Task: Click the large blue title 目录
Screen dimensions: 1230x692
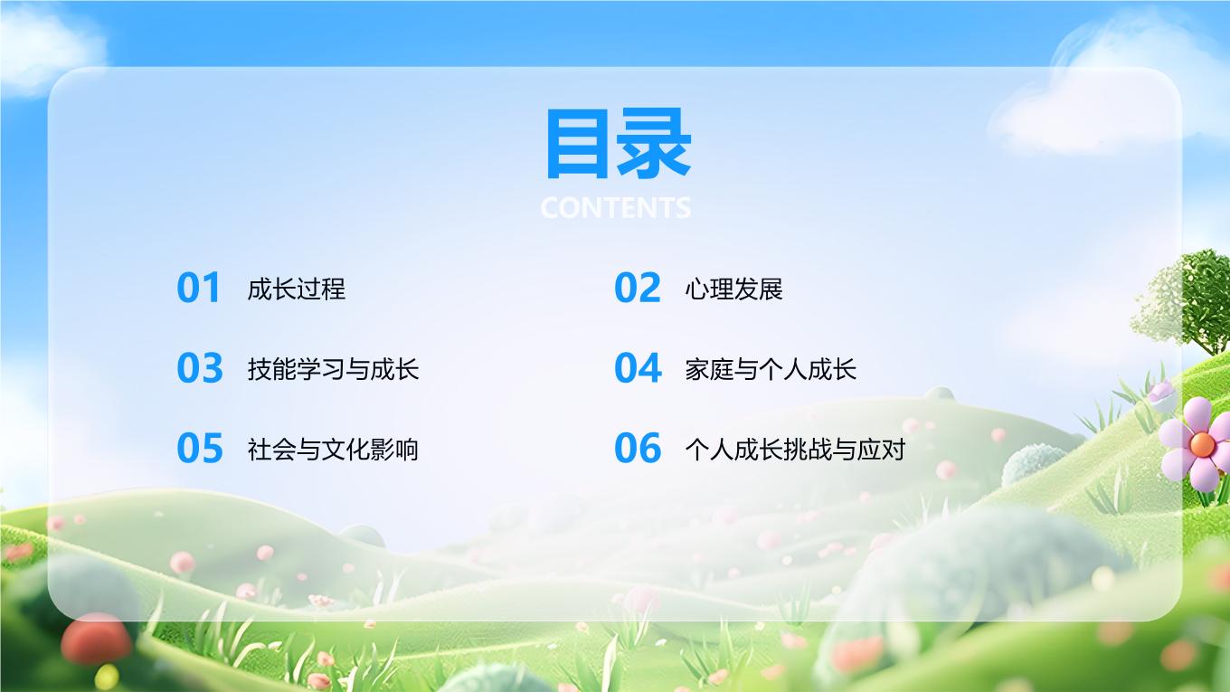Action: (x=618, y=144)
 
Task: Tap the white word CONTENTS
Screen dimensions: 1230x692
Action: (x=616, y=208)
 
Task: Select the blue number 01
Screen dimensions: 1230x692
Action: (x=198, y=288)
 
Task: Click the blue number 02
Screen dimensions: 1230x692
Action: (x=637, y=288)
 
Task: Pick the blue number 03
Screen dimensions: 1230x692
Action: (x=200, y=368)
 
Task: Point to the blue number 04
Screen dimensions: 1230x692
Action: (x=638, y=368)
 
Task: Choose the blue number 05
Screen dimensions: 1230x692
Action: (x=200, y=448)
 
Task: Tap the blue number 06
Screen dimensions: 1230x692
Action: (x=638, y=448)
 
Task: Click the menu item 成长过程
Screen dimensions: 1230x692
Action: (x=296, y=289)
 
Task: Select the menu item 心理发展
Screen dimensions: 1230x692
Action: (x=733, y=289)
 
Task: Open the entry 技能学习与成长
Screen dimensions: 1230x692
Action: (x=333, y=369)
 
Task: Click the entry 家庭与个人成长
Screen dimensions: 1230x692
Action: (x=771, y=369)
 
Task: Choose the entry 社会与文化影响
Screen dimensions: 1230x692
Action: (x=333, y=450)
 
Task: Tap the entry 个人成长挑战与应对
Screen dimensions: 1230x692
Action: (x=795, y=450)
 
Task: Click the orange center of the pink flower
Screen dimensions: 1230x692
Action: (x=1202, y=445)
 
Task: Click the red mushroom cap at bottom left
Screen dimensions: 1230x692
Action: (x=97, y=639)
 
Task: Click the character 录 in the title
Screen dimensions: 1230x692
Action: (x=654, y=144)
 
